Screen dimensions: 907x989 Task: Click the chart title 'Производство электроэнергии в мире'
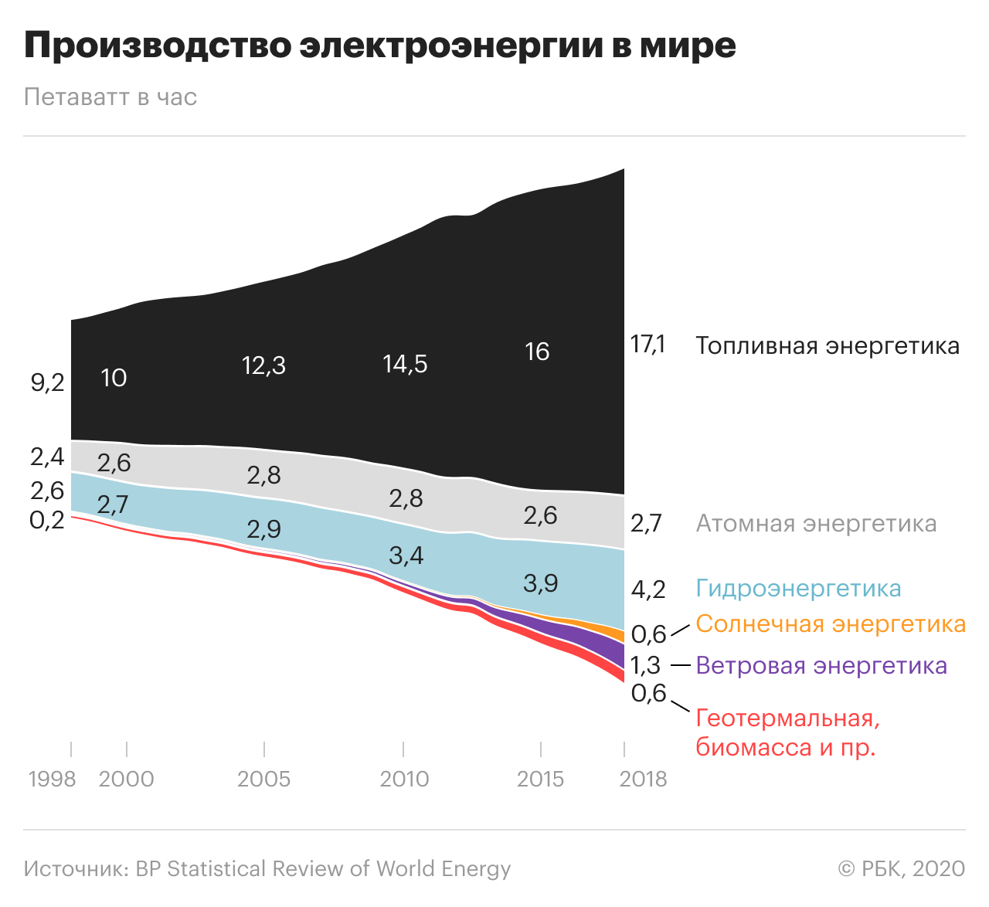(x=379, y=46)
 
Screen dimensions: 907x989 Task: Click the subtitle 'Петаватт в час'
(x=110, y=97)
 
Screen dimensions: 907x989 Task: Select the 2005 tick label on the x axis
(x=263, y=779)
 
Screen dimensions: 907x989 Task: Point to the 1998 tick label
(x=52, y=779)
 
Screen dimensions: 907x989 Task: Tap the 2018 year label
(x=643, y=779)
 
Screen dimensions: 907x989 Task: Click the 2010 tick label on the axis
(x=404, y=779)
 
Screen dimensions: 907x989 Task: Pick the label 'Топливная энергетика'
(x=827, y=345)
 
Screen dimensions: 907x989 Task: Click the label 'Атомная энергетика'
(x=816, y=524)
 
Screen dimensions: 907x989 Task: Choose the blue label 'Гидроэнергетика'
(x=798, y=589)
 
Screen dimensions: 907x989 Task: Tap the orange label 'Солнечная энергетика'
(x=831, y=624)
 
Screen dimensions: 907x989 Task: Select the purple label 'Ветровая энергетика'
(x=821, y=665)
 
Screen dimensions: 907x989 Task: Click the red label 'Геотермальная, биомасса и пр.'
(x=787, y=732)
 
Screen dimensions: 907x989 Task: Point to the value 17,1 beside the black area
(x=647, y=344)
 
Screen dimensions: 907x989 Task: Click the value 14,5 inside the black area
(x=405, y=364)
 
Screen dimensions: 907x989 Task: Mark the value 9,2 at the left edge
(x=47, y=382)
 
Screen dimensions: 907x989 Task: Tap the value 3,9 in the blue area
(x=540, y=583)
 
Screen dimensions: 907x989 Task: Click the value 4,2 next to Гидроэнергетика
(x=647, y=590)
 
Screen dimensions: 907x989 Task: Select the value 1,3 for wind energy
(x=645, y=665)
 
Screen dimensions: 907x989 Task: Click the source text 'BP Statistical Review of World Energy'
(x=323, y=869)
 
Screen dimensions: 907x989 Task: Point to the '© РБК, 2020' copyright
(x=901, y=869)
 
